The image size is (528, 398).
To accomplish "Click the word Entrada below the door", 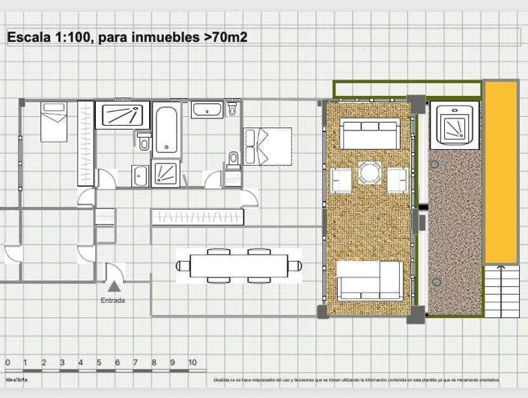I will [113, 301].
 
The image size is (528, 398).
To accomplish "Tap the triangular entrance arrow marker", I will [113, 285].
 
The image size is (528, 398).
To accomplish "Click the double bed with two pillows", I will [267, 145].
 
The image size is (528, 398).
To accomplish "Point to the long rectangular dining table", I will [239, 265].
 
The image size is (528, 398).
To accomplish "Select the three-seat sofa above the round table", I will [369, 135].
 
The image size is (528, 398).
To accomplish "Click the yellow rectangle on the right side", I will [500, 172].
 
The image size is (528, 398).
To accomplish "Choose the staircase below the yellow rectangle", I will [501, 290].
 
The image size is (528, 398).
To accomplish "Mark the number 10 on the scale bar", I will [192, 363].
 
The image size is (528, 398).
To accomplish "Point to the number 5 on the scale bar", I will [99, 363].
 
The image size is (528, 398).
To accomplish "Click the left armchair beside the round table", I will [340, 180].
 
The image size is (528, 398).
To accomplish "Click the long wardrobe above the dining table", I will [197, 217].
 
